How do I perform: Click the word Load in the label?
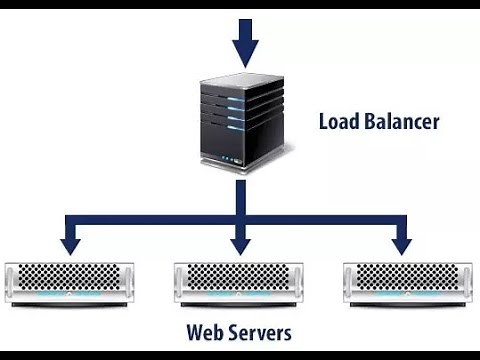point(340,123)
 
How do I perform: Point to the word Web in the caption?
point(205,331)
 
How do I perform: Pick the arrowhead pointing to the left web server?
point(70,243)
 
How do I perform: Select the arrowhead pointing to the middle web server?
point(240,243)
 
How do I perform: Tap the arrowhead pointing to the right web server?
point(401,243)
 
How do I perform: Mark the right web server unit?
point(408,284)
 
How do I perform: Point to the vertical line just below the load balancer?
point(240,195)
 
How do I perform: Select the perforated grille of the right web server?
point(408,277)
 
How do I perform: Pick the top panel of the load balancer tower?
point(233,83)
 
